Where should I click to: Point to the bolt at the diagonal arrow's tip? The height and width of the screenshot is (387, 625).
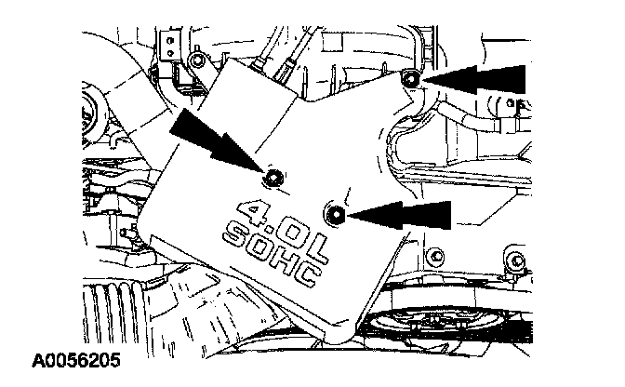[x=274, y=177]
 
